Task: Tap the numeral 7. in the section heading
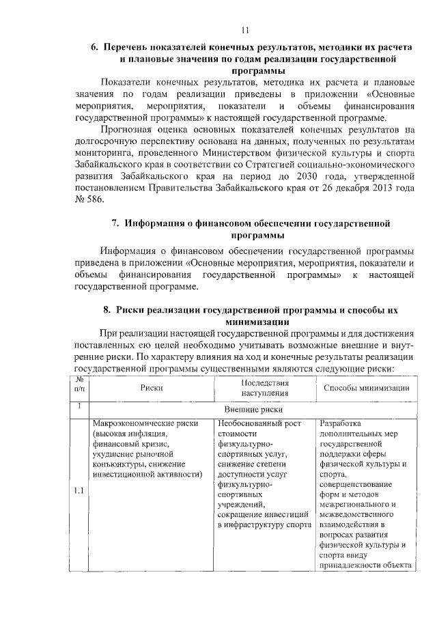tap(115, 223)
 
